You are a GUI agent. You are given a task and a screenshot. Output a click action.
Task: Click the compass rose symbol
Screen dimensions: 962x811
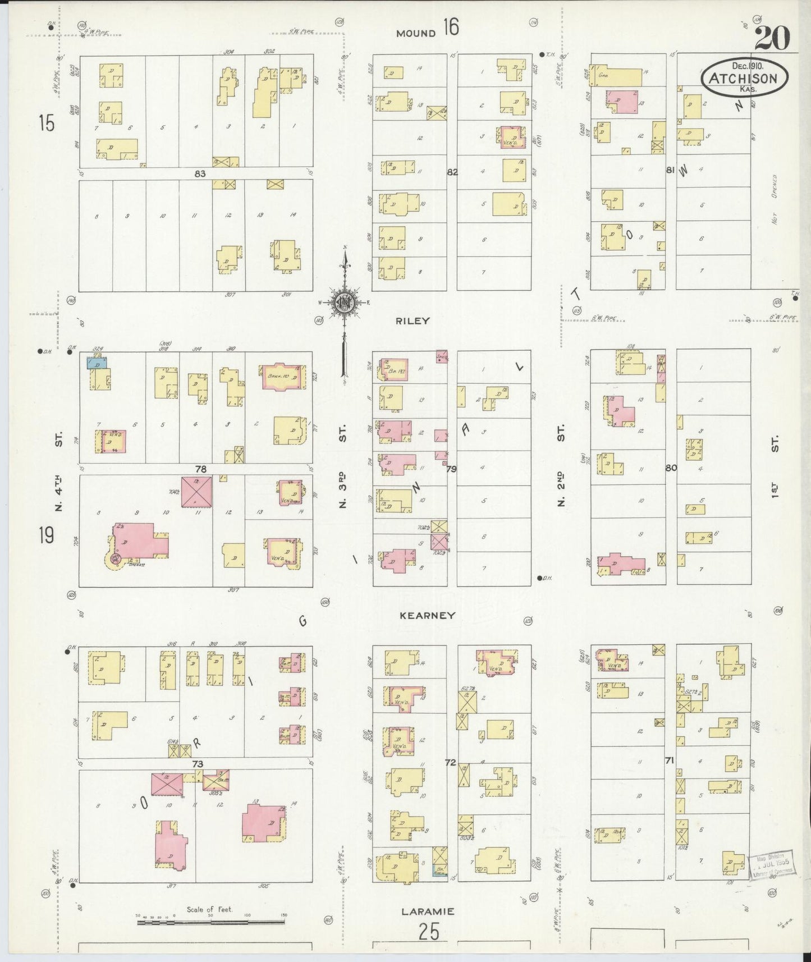(343, 304)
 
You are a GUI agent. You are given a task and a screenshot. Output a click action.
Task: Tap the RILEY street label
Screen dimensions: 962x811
(413, 321)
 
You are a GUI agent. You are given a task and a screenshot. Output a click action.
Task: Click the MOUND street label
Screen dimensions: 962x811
(416, 33)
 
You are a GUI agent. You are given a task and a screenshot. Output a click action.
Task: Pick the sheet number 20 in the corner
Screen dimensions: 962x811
(772, 38)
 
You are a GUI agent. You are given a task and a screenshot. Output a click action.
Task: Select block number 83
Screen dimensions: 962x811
(200, 174)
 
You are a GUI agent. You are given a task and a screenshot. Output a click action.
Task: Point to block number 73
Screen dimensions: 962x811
(197, 764)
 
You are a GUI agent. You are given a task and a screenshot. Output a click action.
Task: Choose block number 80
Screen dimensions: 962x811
(671, 468)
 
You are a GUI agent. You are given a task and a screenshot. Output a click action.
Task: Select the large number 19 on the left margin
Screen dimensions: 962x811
(47, 535)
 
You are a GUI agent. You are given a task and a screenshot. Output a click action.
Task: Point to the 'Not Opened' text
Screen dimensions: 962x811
(775, 199)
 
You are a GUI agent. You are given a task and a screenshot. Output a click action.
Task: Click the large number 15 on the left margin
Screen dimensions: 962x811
(47, 123)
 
